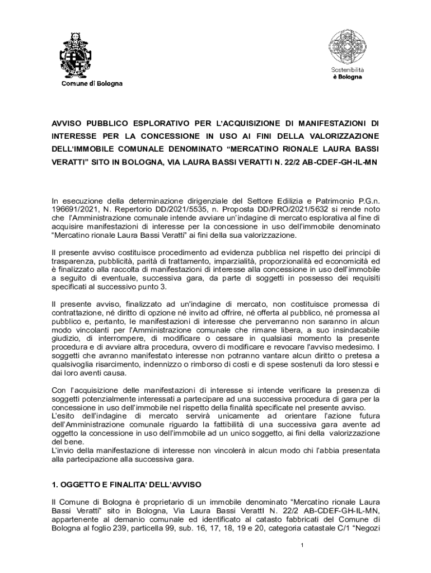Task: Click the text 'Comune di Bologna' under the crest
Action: coord(83,84)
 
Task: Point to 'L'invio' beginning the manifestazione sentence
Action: coord(63,452)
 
